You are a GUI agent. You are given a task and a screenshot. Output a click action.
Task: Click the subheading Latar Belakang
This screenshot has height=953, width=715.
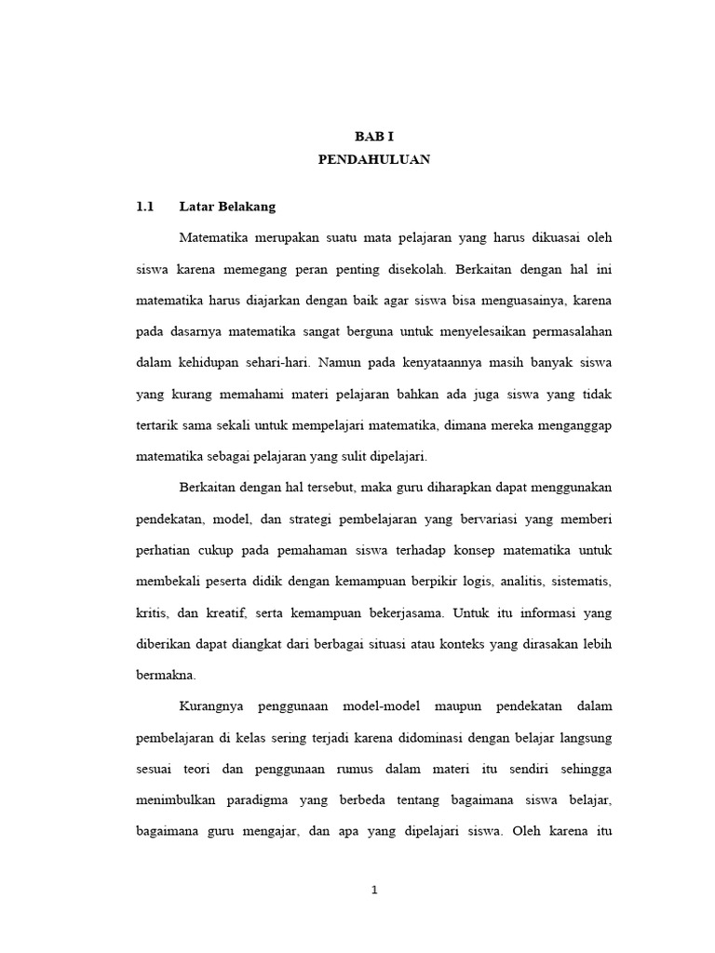coord(227,206)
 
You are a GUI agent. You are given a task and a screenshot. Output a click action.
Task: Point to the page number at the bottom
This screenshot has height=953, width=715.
coord(374,890)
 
